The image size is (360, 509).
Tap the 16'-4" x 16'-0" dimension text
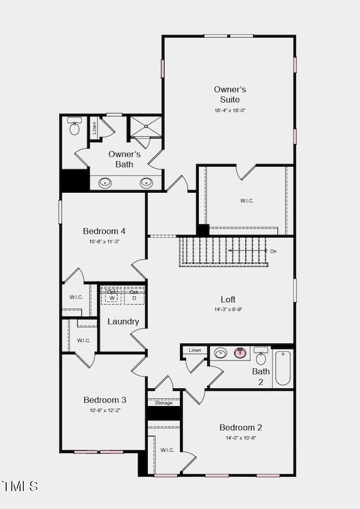(230, 110)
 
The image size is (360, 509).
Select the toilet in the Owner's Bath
(74, 128)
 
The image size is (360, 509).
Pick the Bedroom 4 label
(105, 231)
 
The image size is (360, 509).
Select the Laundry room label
(123, 322)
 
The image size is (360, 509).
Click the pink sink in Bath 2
(240, 353)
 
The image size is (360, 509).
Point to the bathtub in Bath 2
(282, 368)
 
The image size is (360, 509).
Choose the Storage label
(163, 403)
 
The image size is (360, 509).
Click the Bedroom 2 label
(240, 427)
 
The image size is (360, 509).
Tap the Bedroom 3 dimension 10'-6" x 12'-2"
(105, 410)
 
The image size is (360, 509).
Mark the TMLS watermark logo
(20, 486)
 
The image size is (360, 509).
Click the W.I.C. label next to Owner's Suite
(246, 200)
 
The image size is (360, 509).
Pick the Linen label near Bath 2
(194, 350)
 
